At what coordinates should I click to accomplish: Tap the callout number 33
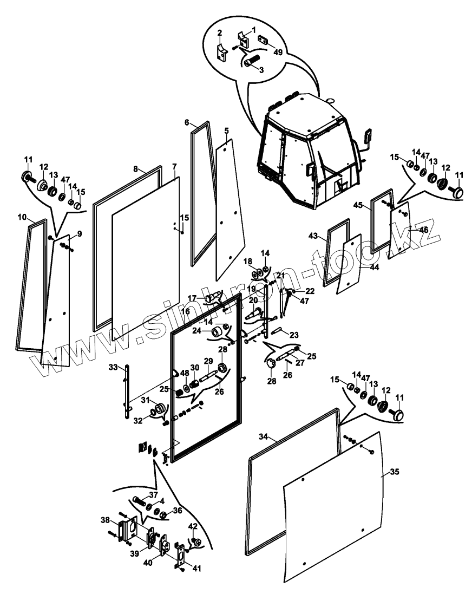113,367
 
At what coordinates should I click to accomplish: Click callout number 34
264,436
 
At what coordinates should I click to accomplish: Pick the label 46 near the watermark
424,230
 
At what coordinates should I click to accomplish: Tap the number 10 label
22,217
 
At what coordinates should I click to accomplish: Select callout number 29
207,361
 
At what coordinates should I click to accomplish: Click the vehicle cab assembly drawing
309,152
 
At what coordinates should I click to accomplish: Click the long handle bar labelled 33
127,390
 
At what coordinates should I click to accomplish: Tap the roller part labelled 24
218,331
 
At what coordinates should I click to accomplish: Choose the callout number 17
192,298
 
